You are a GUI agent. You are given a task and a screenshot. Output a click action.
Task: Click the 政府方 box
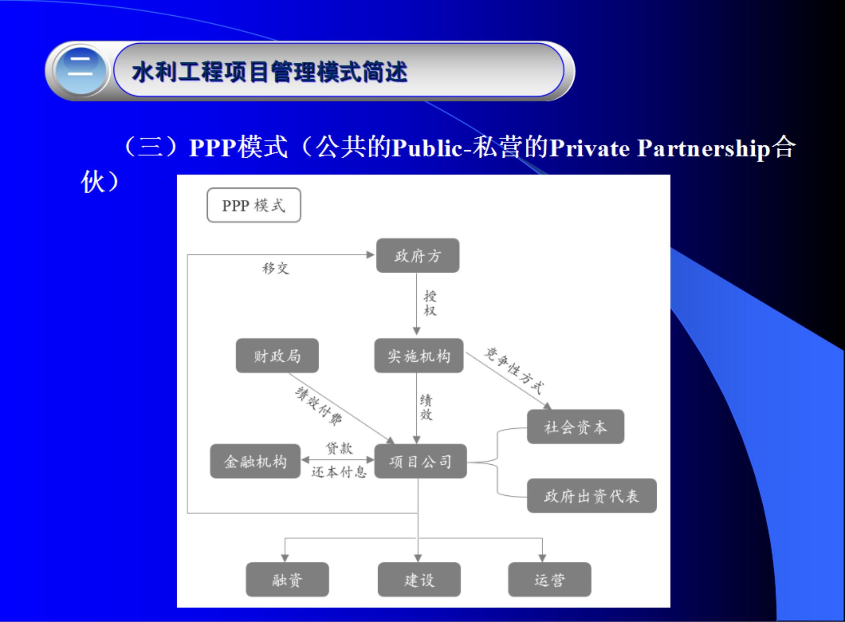click(418, 256)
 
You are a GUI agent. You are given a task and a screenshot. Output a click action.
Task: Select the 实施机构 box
click(419, 356)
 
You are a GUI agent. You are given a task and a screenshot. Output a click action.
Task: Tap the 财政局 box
click(277, 356)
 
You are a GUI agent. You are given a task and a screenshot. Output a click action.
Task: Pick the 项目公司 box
click(420, 461)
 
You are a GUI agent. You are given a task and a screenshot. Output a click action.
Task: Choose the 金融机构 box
click(255, 461)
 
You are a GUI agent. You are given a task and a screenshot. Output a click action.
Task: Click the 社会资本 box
click(575, 427)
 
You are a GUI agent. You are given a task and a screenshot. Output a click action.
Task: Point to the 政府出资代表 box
click(591, 496)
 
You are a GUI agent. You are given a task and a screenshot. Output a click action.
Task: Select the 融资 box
click(287, 580)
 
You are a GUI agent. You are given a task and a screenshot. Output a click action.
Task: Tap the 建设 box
click(419, 580)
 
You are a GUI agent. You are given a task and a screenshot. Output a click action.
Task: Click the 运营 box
click(550, 580)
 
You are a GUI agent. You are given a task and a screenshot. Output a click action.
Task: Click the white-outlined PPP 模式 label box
click(254, 205)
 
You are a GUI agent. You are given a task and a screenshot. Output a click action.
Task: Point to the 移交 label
click(276, 268)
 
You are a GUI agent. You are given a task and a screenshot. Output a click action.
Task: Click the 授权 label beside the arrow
click(430, 303)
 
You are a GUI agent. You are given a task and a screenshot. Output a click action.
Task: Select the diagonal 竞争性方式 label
click(514, 371)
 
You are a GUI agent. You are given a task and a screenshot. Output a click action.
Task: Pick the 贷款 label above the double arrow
click(339, 448)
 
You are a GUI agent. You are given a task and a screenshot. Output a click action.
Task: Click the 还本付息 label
click(339, 472)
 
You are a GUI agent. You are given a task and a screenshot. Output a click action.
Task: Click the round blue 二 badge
click(80, 71)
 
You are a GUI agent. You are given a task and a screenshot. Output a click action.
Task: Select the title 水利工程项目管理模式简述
click(269, 72)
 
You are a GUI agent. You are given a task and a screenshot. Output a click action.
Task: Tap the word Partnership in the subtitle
click(703, 149)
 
